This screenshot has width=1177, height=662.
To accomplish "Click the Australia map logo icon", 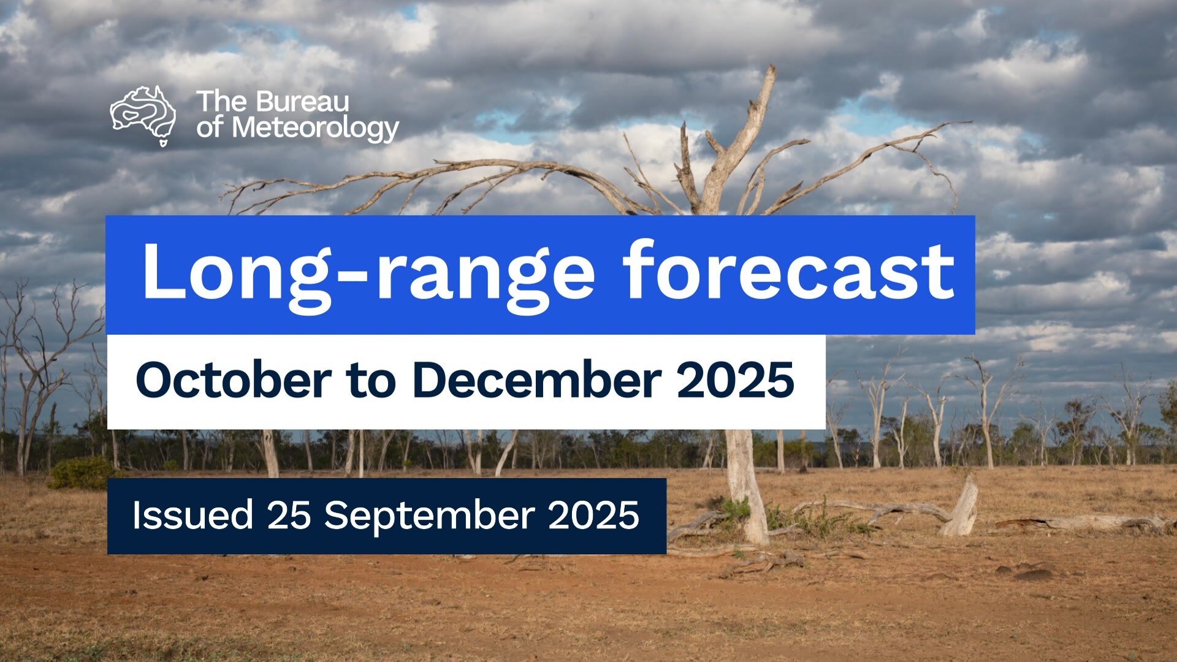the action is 143,115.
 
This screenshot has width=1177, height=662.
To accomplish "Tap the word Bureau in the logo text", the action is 303,102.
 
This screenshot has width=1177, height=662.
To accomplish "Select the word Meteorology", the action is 316,129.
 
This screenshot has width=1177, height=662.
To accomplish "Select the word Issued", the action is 192,515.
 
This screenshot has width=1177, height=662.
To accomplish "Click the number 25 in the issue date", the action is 289,515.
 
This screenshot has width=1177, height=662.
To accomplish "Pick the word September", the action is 430,516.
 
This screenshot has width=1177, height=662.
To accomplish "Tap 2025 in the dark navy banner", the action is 593,515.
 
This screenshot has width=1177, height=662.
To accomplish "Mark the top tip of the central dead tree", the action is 774,66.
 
